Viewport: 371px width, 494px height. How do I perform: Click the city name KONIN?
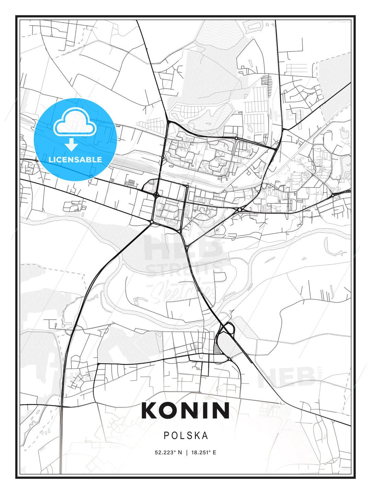185,410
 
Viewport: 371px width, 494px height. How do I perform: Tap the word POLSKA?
186,436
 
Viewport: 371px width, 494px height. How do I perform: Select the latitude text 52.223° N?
168,452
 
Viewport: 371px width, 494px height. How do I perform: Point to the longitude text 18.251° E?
203,452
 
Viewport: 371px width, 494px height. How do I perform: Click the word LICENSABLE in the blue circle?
75,160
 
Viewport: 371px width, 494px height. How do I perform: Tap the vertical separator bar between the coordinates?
187,452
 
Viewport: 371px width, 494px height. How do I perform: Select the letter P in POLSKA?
166,436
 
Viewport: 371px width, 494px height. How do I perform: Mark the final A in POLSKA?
205,436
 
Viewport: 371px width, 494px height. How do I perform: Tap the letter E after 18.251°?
214,452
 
